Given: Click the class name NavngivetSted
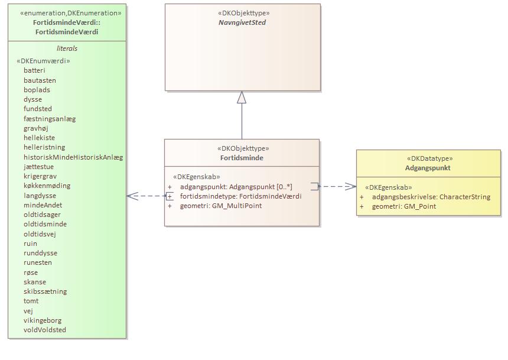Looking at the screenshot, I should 242,22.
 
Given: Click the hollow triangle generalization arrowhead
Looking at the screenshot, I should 242,98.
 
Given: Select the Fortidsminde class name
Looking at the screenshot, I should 242,158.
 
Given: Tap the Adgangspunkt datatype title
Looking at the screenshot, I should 428,168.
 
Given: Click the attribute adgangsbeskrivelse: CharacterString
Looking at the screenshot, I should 431,197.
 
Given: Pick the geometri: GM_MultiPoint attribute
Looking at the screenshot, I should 220,206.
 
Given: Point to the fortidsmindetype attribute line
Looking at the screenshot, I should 240,196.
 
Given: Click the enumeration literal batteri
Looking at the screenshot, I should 34,70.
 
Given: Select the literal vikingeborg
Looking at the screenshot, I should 43,320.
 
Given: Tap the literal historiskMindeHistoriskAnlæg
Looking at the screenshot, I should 73,157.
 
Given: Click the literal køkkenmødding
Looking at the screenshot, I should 47,186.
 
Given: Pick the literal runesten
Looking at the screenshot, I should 38,262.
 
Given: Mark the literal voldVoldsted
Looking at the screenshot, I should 45,330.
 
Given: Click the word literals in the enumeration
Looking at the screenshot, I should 67,48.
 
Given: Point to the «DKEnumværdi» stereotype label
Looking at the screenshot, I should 44,61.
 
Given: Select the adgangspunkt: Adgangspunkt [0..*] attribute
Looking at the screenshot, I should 236,187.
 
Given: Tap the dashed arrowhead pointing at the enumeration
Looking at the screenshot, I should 131,196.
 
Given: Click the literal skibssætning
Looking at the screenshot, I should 45,291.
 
